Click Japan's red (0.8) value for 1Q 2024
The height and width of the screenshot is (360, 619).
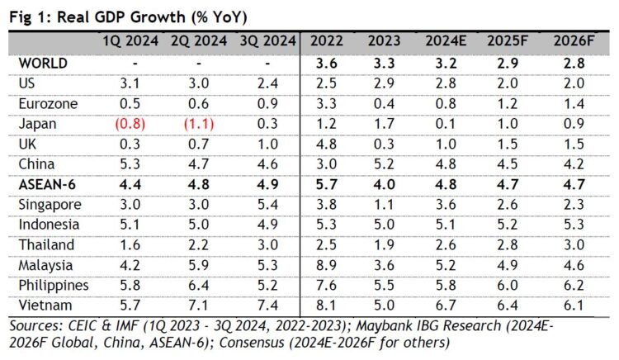[x=126, y=124]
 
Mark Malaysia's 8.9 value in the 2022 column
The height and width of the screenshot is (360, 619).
[x=327, y=265]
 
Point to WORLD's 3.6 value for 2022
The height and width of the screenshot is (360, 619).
[x=327, y=63]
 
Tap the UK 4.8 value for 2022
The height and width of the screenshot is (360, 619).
[x=327, y=144]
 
